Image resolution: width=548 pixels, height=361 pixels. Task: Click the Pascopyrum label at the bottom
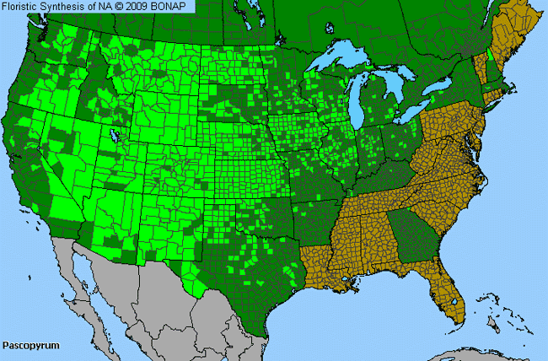tap(28, 346)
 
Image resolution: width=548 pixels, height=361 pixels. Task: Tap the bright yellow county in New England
tap(492, 62)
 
